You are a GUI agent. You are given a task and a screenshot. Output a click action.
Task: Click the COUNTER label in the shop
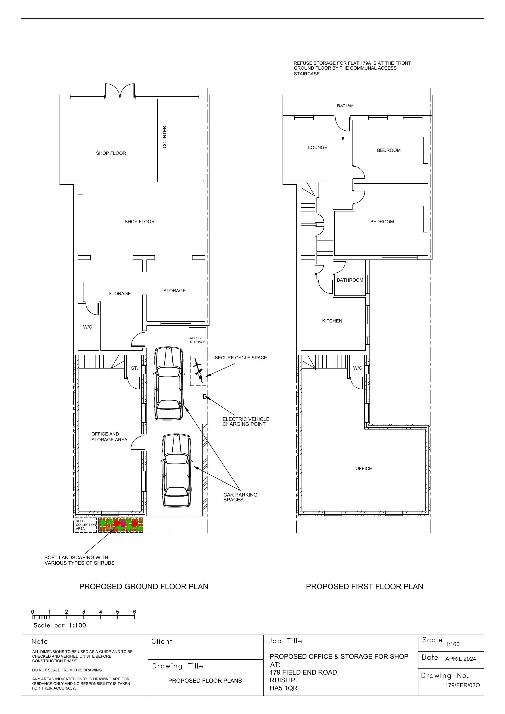pos(165,137)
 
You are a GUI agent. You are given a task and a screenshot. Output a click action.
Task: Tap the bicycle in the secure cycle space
pos(199,371)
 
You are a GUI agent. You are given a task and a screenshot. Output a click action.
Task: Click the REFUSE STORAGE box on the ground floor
pos(198,340)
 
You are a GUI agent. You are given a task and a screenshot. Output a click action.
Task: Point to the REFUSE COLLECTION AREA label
pos(86,525)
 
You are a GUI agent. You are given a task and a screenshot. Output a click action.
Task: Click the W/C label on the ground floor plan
pos(87,327)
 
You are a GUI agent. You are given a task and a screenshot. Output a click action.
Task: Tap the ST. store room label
pos(134,368)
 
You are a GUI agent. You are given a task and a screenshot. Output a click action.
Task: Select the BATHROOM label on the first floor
pos(350,280)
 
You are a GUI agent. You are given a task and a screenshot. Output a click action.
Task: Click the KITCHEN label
pos(332,321)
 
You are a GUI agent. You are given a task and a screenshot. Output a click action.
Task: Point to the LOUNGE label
pos(318,147)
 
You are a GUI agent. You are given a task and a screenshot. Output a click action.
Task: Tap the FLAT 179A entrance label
pos(345,106)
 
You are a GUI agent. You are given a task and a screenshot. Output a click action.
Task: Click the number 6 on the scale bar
pos(134,612)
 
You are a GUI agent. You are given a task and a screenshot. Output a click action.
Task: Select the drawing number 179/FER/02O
pos(462,686)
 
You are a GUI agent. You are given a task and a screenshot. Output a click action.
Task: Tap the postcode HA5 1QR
pos(283,688)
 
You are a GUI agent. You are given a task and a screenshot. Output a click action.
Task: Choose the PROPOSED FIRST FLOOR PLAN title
pos(365,587)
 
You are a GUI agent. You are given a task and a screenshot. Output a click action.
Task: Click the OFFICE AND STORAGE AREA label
pos(109,437)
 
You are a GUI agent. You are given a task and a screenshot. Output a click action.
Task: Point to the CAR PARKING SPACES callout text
pos(240,497)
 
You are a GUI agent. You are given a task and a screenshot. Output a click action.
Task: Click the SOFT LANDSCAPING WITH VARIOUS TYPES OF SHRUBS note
pos(79,560)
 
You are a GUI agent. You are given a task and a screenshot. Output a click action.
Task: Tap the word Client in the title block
pos(162,641)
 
